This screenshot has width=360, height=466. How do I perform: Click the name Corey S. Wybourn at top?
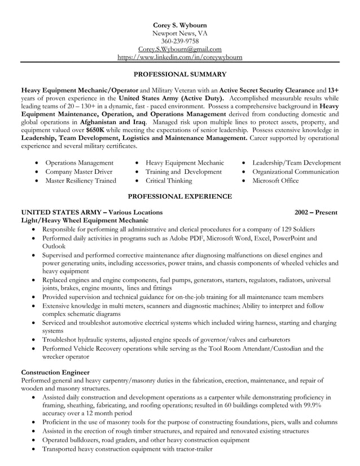click(180, 25)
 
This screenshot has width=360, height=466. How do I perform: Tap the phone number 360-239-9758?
click(180, 41)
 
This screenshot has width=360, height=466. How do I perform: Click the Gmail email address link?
click(180, 49)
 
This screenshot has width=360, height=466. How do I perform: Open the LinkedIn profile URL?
click(180, 57)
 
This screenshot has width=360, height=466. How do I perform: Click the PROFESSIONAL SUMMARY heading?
click(180, 74)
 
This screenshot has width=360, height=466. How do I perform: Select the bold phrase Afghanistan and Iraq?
click(113, 121)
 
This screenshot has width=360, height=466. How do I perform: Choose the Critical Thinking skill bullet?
click(169, 181)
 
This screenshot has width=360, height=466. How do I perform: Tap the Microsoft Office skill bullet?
click(275, 181)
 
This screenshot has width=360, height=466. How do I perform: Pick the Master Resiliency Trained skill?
click(80, 181)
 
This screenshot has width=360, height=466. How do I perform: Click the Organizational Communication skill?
click(296, 172)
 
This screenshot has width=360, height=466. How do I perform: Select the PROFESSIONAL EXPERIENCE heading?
click(180, 196)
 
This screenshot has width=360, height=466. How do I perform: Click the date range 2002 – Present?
click(316, 212)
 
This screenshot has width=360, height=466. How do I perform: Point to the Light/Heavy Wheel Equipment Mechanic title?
click(85, 220)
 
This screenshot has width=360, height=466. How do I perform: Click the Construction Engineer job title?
click(55, 372)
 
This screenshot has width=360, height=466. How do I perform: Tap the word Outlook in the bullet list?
click(54, 246)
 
